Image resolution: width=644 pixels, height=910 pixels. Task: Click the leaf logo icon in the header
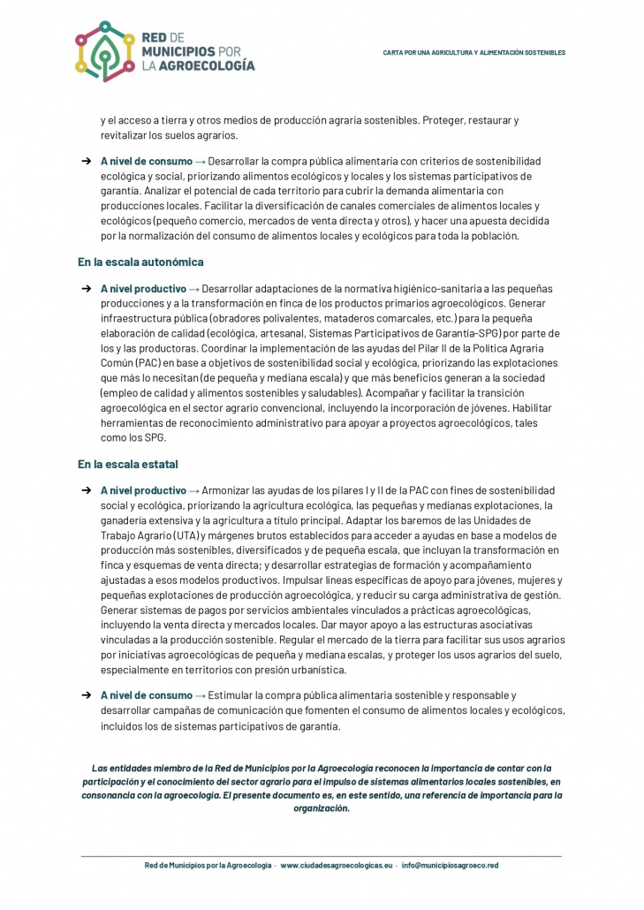point(103,52)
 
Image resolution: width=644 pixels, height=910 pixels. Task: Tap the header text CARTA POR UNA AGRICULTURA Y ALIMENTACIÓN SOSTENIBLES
point(474,53)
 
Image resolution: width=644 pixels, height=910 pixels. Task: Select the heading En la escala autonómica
point(140,262)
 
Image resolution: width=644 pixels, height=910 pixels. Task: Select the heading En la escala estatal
point(128,464)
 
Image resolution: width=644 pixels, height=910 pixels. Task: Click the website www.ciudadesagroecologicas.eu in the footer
point(336,866)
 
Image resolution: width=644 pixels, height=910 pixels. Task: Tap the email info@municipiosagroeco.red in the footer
point(450,866)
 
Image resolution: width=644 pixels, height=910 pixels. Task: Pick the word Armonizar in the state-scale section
point(226,490)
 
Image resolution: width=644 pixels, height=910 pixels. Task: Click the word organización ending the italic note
point(322,808)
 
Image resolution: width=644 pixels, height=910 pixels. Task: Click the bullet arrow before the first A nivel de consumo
point(87,162)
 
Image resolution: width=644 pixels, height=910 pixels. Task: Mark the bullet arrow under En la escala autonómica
point(87,289)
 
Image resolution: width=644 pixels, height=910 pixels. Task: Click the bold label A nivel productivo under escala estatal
point(143,490)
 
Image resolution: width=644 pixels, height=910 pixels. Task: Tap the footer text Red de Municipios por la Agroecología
point(208,866)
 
